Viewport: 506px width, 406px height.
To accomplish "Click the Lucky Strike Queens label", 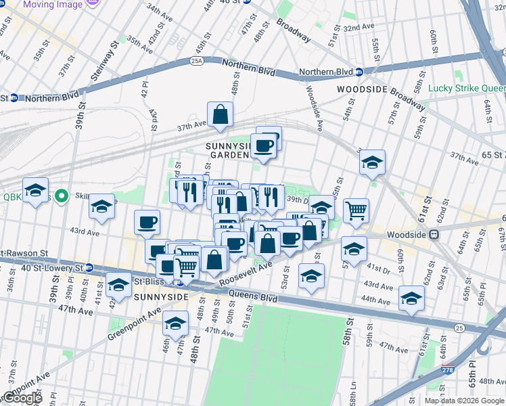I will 467,88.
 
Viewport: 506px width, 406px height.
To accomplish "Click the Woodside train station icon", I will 435,235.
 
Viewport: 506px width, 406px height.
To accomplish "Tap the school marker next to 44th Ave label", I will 411,298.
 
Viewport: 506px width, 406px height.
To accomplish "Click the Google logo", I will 22,398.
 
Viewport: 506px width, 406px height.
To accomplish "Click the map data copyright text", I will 464,400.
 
